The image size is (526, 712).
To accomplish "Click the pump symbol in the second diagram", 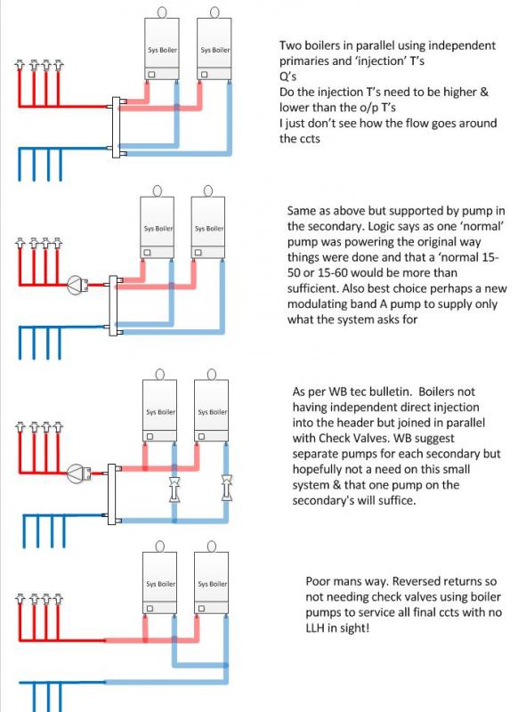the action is click(78, 285).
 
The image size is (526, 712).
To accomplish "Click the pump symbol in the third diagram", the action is click(78, 473).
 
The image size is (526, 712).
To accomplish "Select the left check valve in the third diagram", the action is click(174, 489).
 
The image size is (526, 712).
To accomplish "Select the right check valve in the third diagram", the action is click(226, 487).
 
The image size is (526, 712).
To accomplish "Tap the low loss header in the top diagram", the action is click(117, 127).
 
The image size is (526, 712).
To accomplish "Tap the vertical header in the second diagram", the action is click(114, 305).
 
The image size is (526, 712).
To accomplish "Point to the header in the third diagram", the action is click(112, 495).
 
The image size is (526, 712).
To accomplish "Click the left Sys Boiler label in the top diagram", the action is click(162, 50).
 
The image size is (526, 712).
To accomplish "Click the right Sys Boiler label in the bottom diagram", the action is click(212, 584).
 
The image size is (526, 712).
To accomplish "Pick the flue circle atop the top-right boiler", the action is click(214, 12).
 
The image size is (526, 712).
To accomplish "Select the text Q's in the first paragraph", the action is click(288, 77).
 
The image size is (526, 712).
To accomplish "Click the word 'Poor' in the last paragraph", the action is click(318, 581).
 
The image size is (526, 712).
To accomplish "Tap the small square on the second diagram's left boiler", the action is click(147, 253).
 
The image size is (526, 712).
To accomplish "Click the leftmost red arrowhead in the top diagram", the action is click(20, 64).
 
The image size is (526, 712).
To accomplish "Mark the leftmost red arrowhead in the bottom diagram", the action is click(20, 598).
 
